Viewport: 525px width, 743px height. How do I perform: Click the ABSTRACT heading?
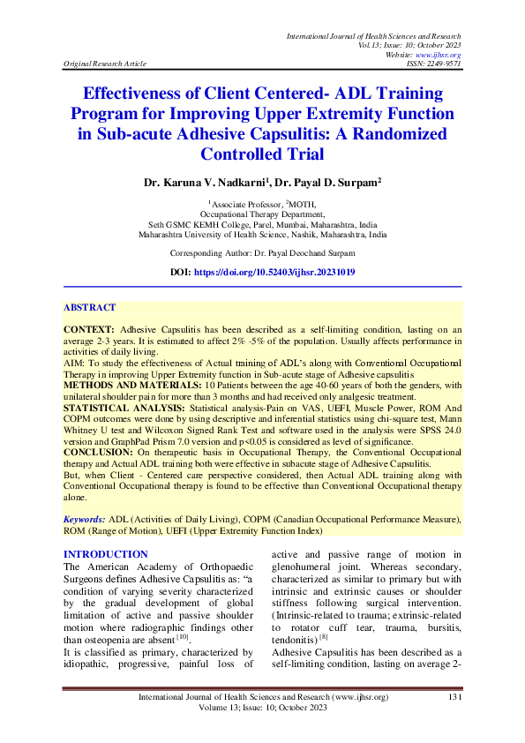pyautogui.click(x=89, y=308)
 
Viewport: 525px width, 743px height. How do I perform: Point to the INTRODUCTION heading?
pyautogui.click(x=107, y=554)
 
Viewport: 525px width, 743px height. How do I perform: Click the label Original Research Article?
pyautogui.click(x=105, y=64)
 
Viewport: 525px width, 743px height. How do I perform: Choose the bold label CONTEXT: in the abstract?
pyautogui.click(x=89, y=328)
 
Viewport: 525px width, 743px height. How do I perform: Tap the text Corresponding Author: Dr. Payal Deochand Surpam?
pyautogui.click(x=262, y=252)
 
